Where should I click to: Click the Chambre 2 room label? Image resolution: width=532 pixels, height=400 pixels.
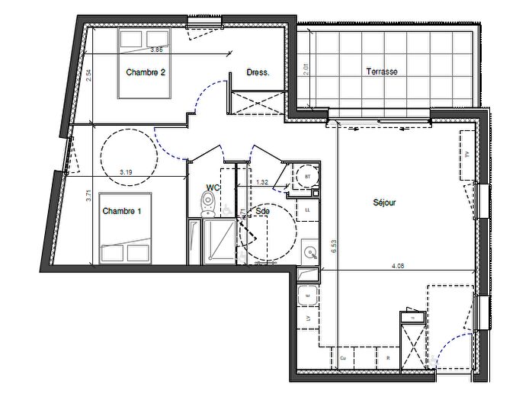coord(146,73)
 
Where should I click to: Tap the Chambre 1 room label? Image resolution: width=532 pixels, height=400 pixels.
coord(122,211)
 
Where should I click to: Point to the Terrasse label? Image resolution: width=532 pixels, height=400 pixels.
coord(382,72)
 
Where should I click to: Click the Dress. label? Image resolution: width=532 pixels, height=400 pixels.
coord(257,73)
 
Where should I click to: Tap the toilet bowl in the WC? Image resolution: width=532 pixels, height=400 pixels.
coord(207,201)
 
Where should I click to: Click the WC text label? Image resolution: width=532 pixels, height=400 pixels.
coord(213,187)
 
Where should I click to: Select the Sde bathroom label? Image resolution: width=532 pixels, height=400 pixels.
coord(264,211)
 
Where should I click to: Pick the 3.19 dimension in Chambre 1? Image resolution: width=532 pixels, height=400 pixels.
coord(126,172)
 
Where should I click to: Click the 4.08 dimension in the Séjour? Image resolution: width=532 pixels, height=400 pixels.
coord(399,266)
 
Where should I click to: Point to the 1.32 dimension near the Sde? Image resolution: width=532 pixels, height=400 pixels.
coord(261,182)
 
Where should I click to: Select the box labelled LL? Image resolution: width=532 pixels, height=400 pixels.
coord(308,209)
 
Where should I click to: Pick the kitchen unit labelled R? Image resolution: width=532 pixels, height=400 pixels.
coord(388,357)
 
